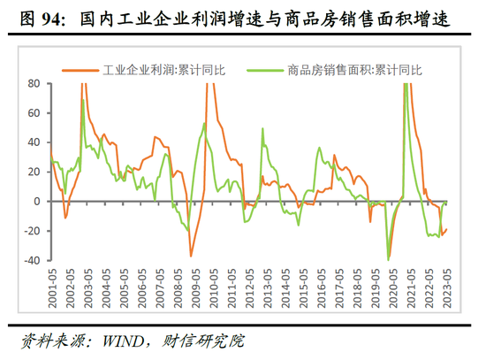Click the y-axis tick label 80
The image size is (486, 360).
[x=34, y=83]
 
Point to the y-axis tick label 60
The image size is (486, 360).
[x=34, y=112]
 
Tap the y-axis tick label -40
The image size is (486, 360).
[x=31, y=260]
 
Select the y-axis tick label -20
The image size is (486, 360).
[x=31, y=231]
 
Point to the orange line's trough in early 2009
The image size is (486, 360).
[x=191, y=256]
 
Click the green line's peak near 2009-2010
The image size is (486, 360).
[x=205, y=123]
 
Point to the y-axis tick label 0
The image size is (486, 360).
[x=38, y=201]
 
